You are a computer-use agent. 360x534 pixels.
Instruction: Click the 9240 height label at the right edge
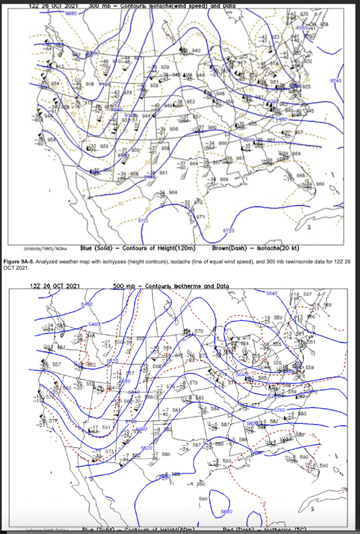pyautogui.click(x=336, y=81)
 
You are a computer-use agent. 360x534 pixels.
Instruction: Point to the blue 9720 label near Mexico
pyautogui.click(x=143, y=221)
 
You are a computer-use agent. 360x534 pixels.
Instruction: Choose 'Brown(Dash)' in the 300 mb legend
pyautogui.click(x=227, y=248)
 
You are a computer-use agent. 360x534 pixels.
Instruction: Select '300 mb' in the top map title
pyautogui.click(x=103, y=5)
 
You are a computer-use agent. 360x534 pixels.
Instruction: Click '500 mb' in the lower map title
pyautogui.click(x=124, y=286)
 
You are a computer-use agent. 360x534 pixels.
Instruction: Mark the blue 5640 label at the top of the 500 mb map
pyautogui.click(x=272, y=293)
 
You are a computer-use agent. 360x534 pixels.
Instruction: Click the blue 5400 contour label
pyautogui.click(x=87, y=304)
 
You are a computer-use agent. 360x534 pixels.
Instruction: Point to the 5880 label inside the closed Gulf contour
pyautogui.click(x=226, y=511)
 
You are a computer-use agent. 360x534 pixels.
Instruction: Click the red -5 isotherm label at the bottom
pyautogui.click(x=262, y=503)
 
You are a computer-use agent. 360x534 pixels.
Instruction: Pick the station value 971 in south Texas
pyautogui.click(x=200, y=217)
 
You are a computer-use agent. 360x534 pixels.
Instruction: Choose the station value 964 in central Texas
pyautogui.click(x=173, y=192)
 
